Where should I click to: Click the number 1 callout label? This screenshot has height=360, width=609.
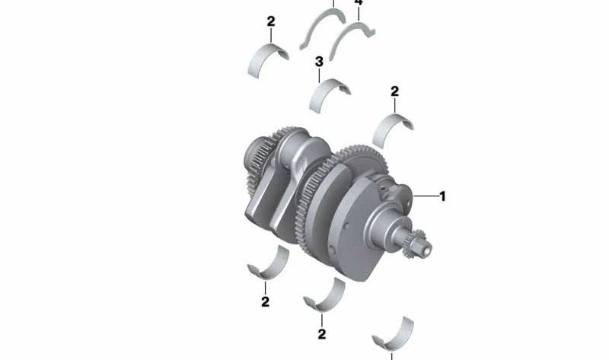click(442, 196)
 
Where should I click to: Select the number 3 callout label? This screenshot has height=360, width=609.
click(320, 61)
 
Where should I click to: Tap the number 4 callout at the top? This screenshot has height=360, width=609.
click(359, 4)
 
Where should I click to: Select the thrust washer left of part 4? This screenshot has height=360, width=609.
click(320, 27)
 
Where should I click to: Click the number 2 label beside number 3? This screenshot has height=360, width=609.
click(394, 91)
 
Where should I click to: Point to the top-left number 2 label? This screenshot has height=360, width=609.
click(271, 21)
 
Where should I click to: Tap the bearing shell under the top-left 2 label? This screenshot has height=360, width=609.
click(269, 61)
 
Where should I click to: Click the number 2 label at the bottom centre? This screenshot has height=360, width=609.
click(322, 333)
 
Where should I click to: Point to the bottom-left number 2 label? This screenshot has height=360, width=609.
click(265, 301)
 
